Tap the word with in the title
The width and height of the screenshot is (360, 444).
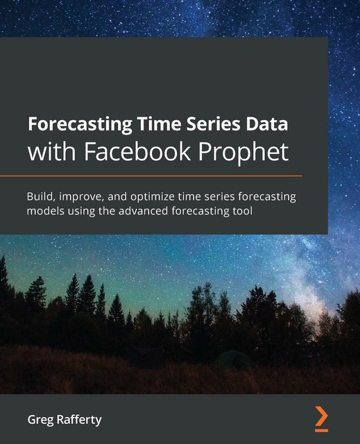(51, 151)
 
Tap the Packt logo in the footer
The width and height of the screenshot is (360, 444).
(320, 418)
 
